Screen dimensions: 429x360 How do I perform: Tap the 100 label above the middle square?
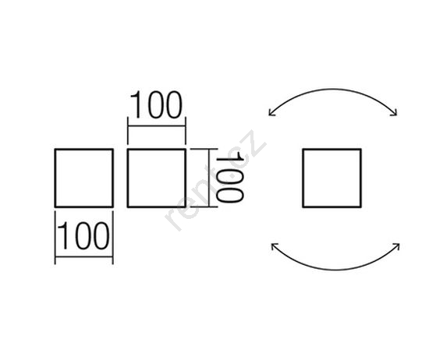click(x=156, y=105)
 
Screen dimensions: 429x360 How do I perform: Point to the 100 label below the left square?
click(x=83, y=235)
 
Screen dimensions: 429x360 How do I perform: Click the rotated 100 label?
click(x=229, y=177)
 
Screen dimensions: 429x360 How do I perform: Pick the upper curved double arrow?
click(x=332, y=89)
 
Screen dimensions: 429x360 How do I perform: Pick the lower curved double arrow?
click(x=335, y=270)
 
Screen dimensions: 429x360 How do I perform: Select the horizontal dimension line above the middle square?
click(x=157, y=126)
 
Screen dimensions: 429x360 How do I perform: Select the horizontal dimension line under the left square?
click(x=84, y=256)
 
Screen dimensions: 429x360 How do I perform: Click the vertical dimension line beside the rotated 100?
click(x=209, y=178)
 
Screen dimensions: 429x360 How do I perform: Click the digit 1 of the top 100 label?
click(x=136, y=105)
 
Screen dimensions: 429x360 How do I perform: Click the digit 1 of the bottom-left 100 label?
click(x=63, y=235)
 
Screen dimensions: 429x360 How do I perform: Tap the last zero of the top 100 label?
click(x=173, y=105)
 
